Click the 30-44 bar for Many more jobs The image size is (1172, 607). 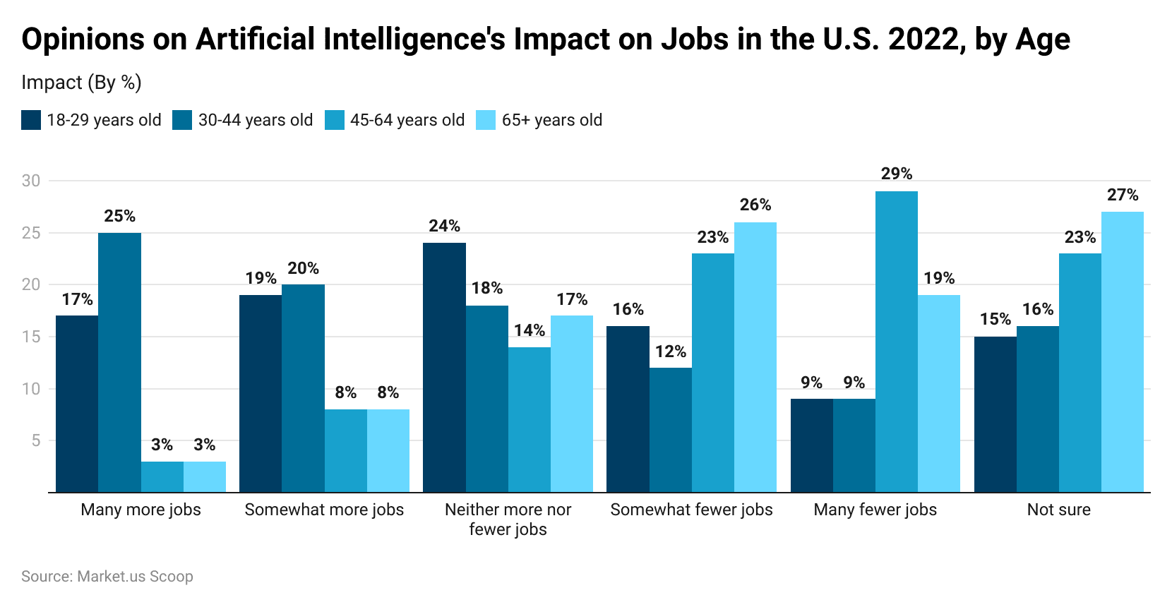tap(119, 362)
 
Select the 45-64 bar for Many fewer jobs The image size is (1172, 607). tap(897, 342)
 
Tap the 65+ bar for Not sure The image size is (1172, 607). tap(1123, 351)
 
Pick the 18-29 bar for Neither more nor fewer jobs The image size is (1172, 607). tap(444, 367)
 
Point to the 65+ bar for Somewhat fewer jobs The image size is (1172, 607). tap(755, 357)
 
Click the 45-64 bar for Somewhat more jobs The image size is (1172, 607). tap(346, 450)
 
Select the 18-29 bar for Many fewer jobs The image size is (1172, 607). tap(812, 445)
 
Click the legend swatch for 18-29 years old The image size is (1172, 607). tap(31, 120)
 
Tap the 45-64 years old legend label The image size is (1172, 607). tap(407, 120)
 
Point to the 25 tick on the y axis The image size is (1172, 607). tap(31, 233)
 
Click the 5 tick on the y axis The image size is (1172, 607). tap(35, 440)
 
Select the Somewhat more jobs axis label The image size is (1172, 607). tap(324, 510)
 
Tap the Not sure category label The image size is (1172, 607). tap(1058, 510)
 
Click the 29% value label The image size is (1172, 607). tap(897, 174)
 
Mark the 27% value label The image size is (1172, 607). tap(1123, 195)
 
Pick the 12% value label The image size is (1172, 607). tap(671, 351)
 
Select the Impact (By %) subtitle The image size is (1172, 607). tap(81, 83)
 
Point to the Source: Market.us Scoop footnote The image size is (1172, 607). tap(107, 576)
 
